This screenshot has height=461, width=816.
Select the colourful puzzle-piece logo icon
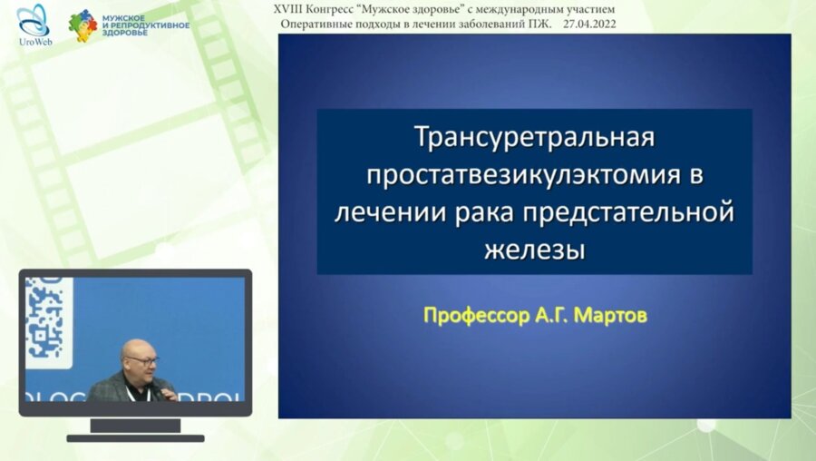pyautogui.click(x=83, y=25)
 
